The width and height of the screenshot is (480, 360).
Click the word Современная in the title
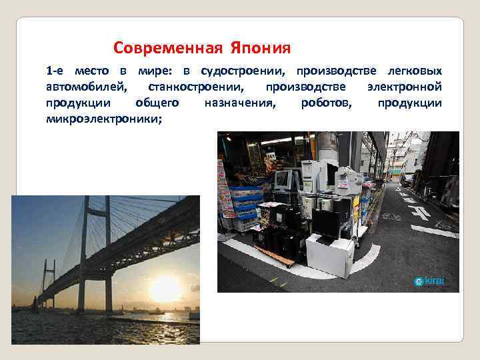click(169, 49)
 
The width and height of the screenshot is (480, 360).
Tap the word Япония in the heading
click(261, 49)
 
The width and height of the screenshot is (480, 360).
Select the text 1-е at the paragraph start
click(55, 71)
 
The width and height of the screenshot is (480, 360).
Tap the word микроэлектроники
click(103, 119)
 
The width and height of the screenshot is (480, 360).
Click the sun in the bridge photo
click(165, 289)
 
